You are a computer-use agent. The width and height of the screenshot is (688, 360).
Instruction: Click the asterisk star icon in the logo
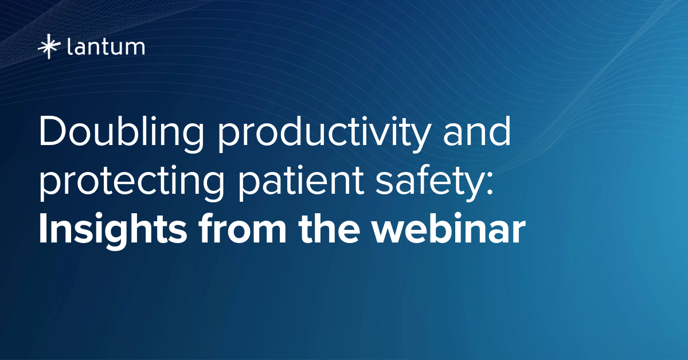49,46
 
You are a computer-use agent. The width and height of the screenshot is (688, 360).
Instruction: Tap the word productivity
323,134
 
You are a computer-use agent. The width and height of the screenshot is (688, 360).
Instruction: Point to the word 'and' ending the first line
476,131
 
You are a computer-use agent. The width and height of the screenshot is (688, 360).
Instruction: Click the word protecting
132,183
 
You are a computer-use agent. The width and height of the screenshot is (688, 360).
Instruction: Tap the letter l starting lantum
69,46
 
